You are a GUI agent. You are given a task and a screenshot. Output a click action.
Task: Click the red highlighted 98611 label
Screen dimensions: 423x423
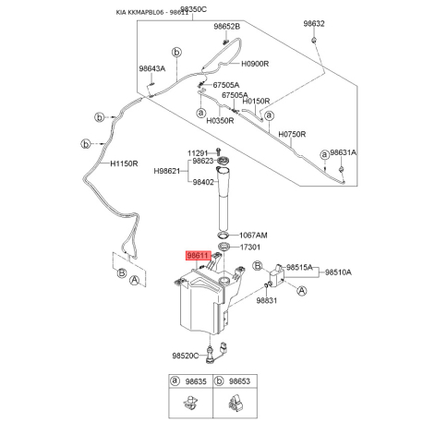(199, 257)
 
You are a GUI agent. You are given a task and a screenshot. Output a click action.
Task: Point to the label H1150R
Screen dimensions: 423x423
(124, 165)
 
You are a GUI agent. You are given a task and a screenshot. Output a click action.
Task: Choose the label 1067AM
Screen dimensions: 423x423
(254, 236)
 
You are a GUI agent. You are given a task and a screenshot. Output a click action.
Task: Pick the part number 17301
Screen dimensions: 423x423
(251, 248)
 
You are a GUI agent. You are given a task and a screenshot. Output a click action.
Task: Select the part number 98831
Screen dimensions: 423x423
(268, 301)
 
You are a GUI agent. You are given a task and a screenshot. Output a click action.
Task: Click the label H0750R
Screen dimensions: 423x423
(294, 134)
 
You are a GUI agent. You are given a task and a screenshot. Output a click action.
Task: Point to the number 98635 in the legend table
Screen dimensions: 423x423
(195, 381)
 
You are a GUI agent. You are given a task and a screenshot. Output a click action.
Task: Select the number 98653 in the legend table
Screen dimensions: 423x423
(239, 381)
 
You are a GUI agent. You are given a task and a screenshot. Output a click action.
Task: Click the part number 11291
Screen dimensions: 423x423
(199, 152)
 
